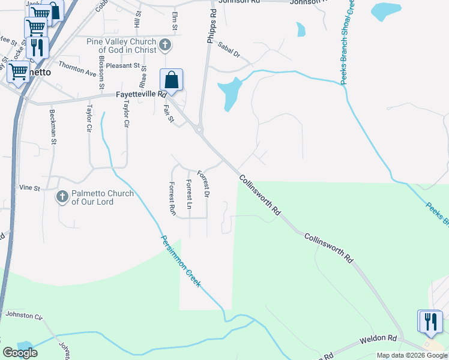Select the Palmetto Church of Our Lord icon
click(x=62, y=196)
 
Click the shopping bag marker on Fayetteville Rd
click(x=171, y=80)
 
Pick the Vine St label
click(x=28, y=188)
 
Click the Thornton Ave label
click(x=77, y=68)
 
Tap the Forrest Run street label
click(x=172, y=199)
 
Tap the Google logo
click(x=20, y=353)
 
